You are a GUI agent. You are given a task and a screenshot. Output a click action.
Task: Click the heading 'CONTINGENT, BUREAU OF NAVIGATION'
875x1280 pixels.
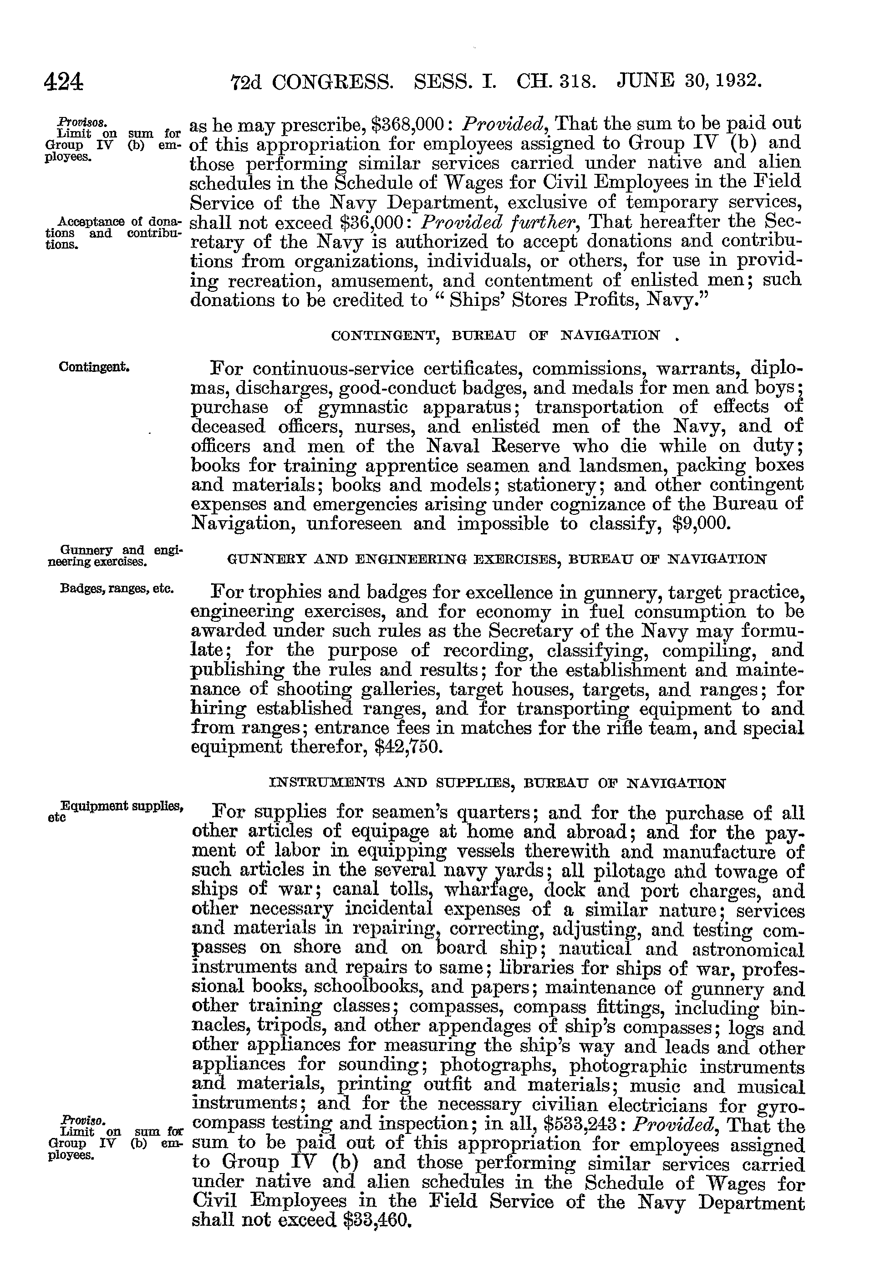pos(495,335)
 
